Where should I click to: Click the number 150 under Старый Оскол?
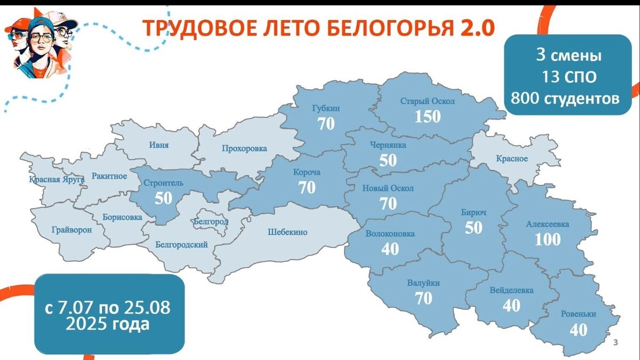click(x=428, y=116)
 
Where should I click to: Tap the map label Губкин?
click(x=325, y=109)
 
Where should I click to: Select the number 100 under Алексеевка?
click(x=548, y=239)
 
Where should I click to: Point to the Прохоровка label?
click(x=244, y=149)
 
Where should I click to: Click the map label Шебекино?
click(x=287, y=232)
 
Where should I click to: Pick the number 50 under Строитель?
click(x=164, y=198)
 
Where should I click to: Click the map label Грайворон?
click(x=72, y=230)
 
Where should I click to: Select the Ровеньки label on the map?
click(x=578, y=314)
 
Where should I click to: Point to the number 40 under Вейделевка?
click(x=511, y=305)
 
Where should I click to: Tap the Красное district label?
click(x=511, y=158)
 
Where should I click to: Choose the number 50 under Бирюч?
click(x=473, y=228)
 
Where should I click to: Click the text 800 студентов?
click(x=565, y=98)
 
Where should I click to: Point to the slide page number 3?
click(x=615, y=342)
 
